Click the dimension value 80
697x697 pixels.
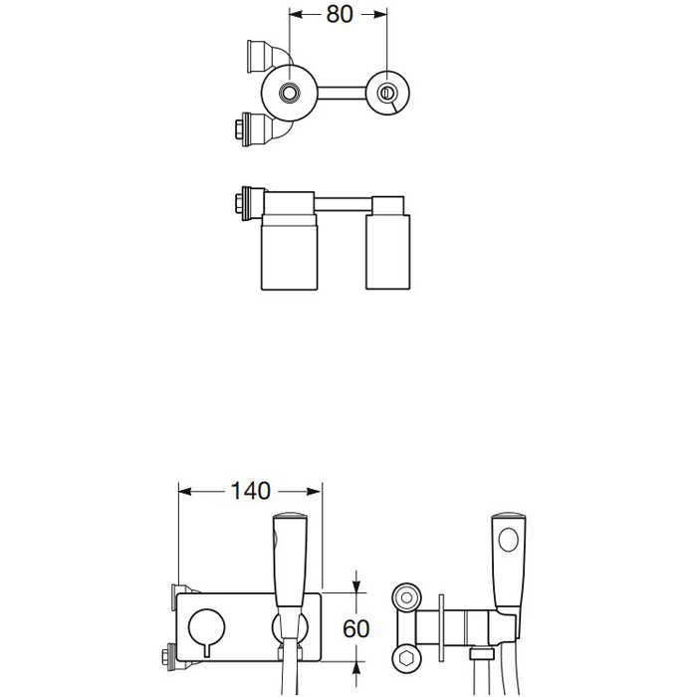pyautogui.click(x=340, y=14)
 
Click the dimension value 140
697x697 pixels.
pyautogui.click(x=251, y=491)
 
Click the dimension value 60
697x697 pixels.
pyautogui.click(x=356, y=628)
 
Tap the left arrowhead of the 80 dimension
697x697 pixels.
pyautogui.click(x=296, y=15)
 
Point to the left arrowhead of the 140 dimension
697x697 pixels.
pyautogui.click(x=185, y=491)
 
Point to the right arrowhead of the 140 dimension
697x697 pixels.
pyautogui.click(x=315, y=491)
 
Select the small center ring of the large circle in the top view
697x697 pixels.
pyautogui.click(x=290, y=93)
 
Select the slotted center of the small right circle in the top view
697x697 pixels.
pyautogui.click(x=386, y=93)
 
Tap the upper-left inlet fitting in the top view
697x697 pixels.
pyautogui.click(x=257, y=56)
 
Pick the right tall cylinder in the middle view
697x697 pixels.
pyautogui.click(x=387, y=252)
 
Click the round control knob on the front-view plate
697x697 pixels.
pyautogui.click(x=207, y=626)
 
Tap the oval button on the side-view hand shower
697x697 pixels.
pyautogui.click(x=509, y=540)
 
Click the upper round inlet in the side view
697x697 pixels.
pyautogui.click(x=406, y=597)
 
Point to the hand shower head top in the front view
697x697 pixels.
pyautogui.click(x=290, y=518)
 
